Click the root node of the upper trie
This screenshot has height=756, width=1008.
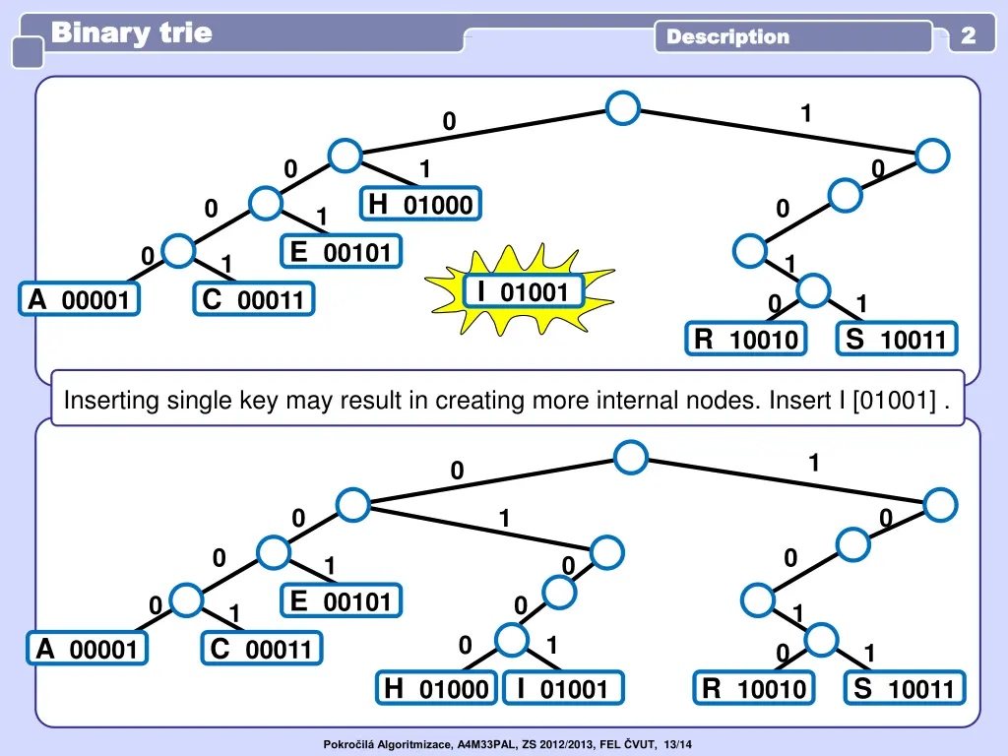pos(623,107)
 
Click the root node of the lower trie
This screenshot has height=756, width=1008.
pos(630,456)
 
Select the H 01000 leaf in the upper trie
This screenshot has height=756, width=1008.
pos(420,204)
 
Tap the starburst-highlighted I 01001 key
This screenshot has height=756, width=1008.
pos(523,291)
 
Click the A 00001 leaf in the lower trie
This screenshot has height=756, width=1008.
pos(89,649)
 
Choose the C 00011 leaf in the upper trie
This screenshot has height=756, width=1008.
pos(254,299)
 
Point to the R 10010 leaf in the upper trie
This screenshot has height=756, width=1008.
pos(746,340)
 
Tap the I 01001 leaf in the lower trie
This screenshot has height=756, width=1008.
pos(563,689)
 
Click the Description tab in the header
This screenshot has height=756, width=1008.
pos(728,37)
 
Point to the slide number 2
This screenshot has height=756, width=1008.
pos(969,36)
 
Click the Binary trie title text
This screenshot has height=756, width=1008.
pos(131,33)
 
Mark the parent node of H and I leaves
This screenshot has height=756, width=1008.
pos(512,641)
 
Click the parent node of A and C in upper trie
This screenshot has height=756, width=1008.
pos(178,251)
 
